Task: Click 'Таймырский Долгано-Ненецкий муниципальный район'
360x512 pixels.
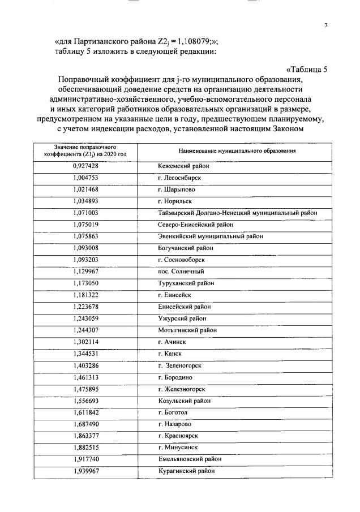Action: coord(237,213)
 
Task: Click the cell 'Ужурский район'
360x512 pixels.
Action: coord(182,319)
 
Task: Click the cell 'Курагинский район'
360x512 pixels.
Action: coord(186,471)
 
